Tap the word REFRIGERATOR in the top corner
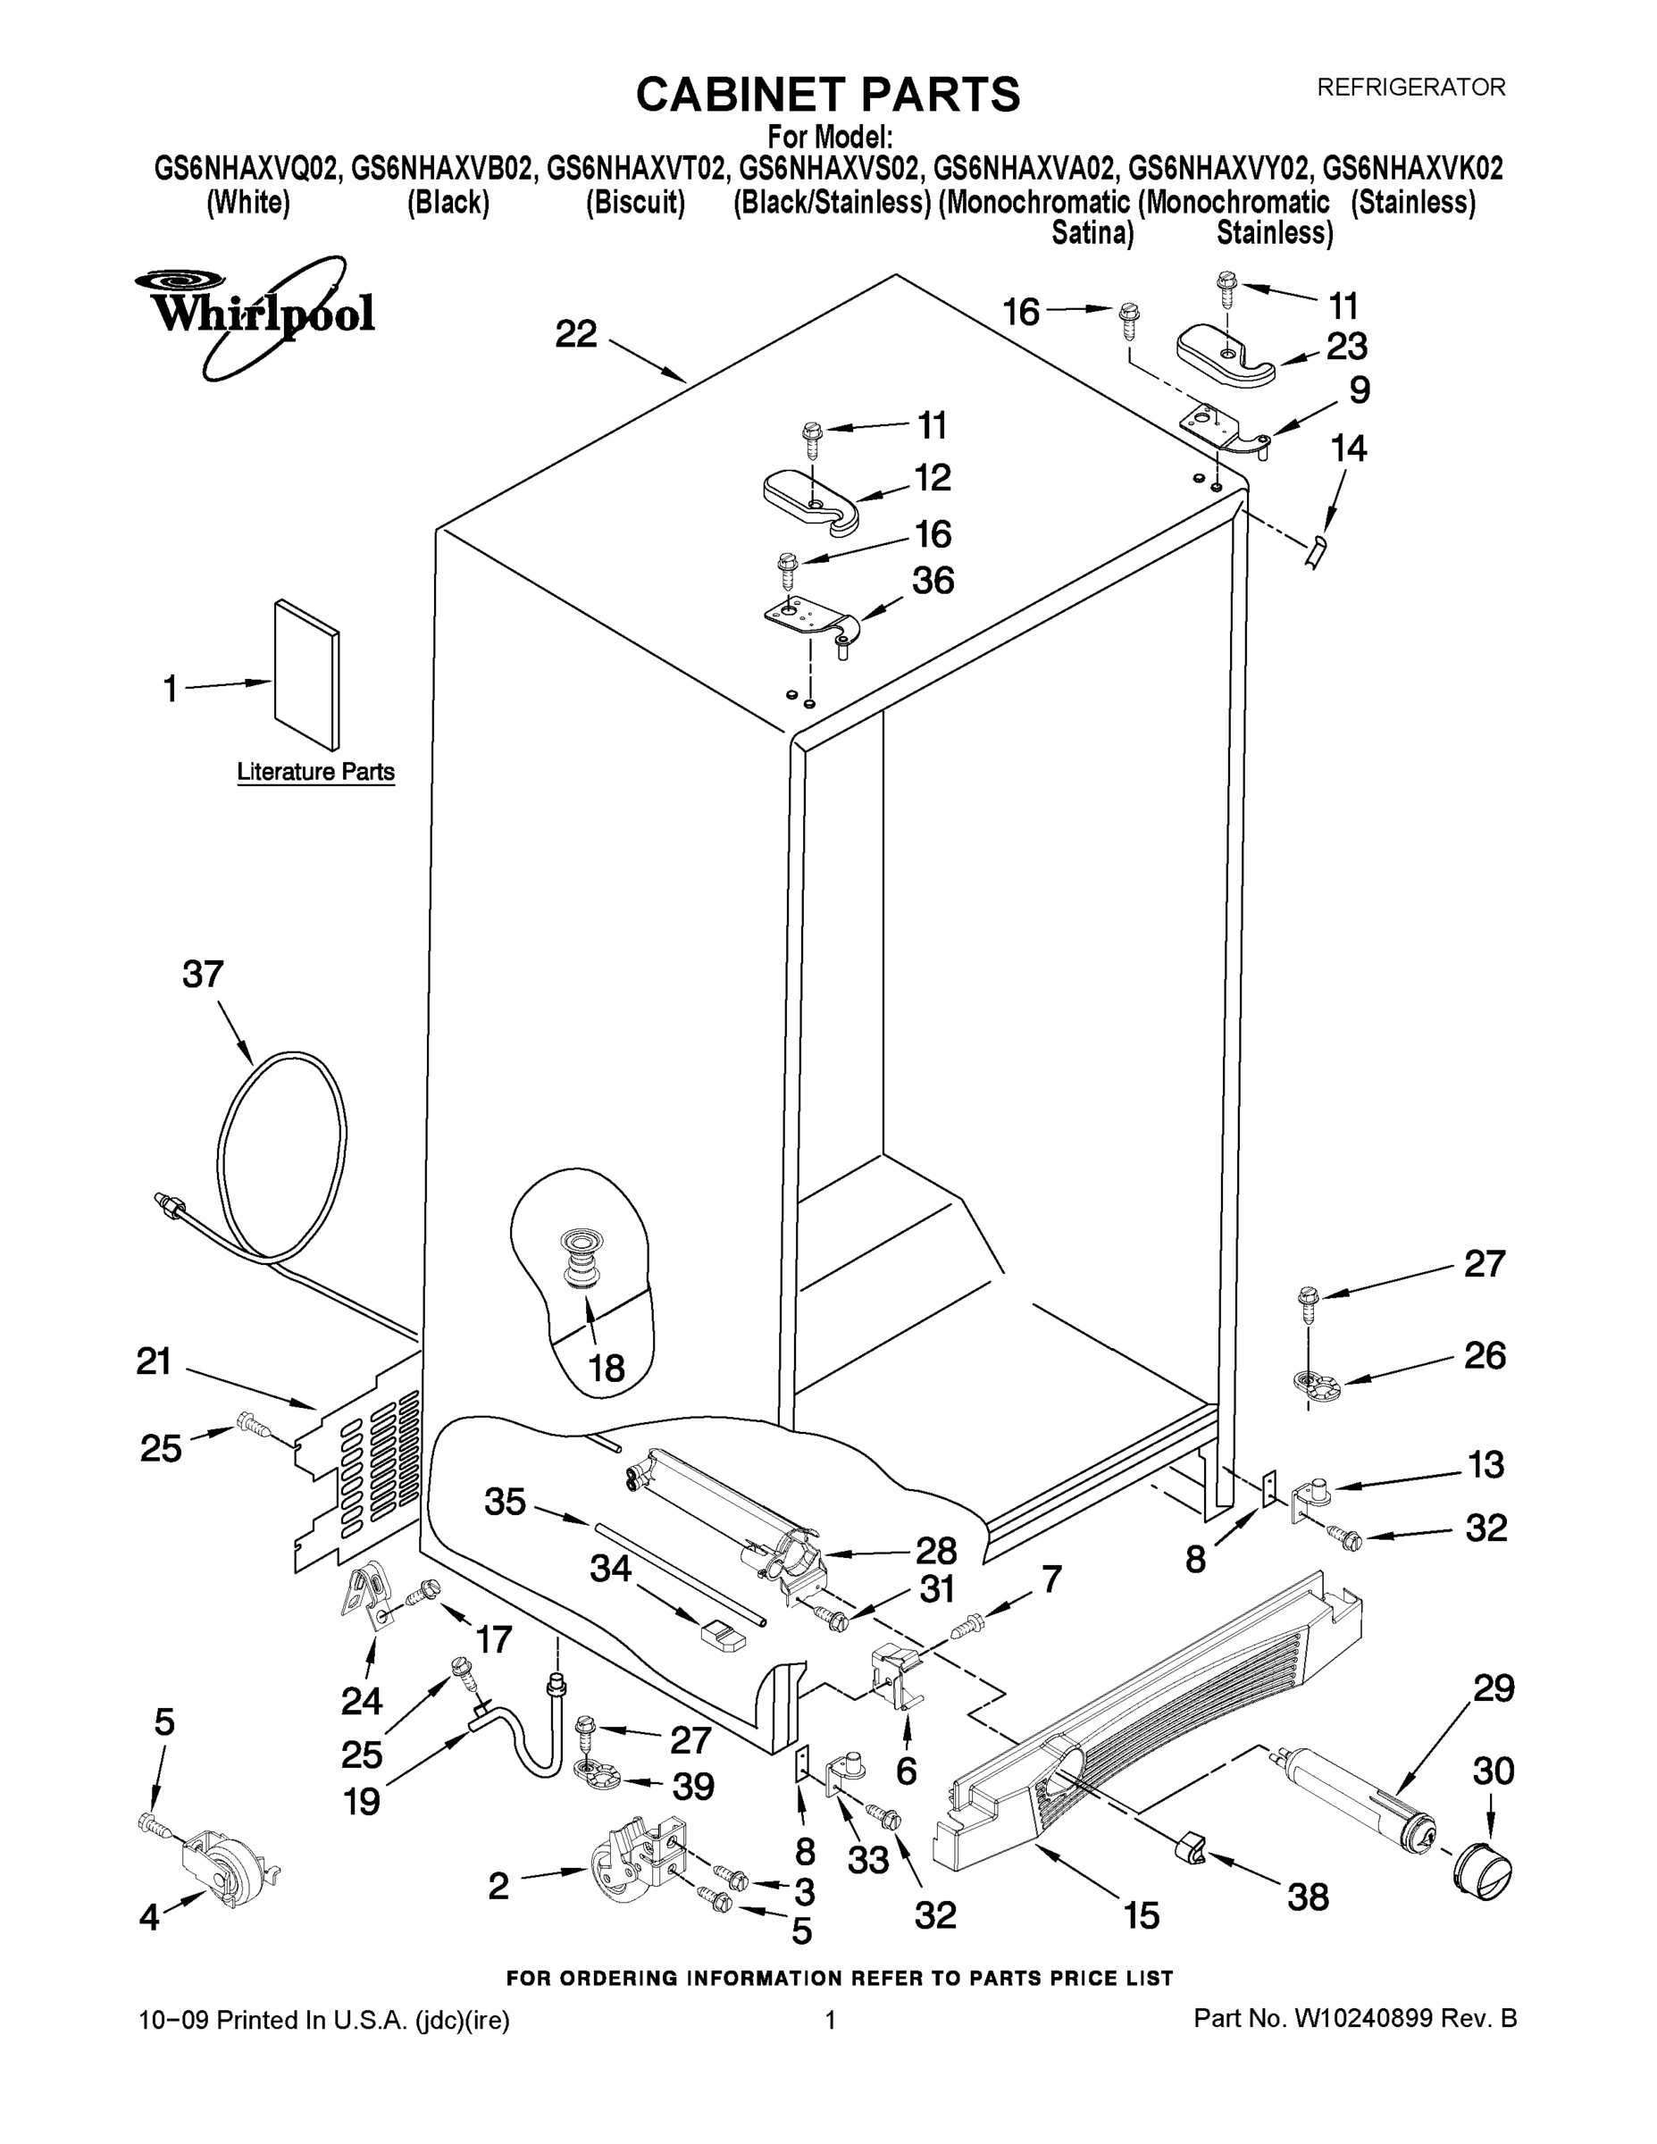[x=1410, y=88]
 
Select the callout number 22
[x=576, y=335]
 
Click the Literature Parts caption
[x=315, y=772]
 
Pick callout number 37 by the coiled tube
[x=203, y=974]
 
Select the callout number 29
[x=1493, y=1688]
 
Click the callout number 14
[x=1349, y=448]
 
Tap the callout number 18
[x=607, y=1367]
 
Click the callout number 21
[x=155, y=1361]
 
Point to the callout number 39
[x=693, y=1787]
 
